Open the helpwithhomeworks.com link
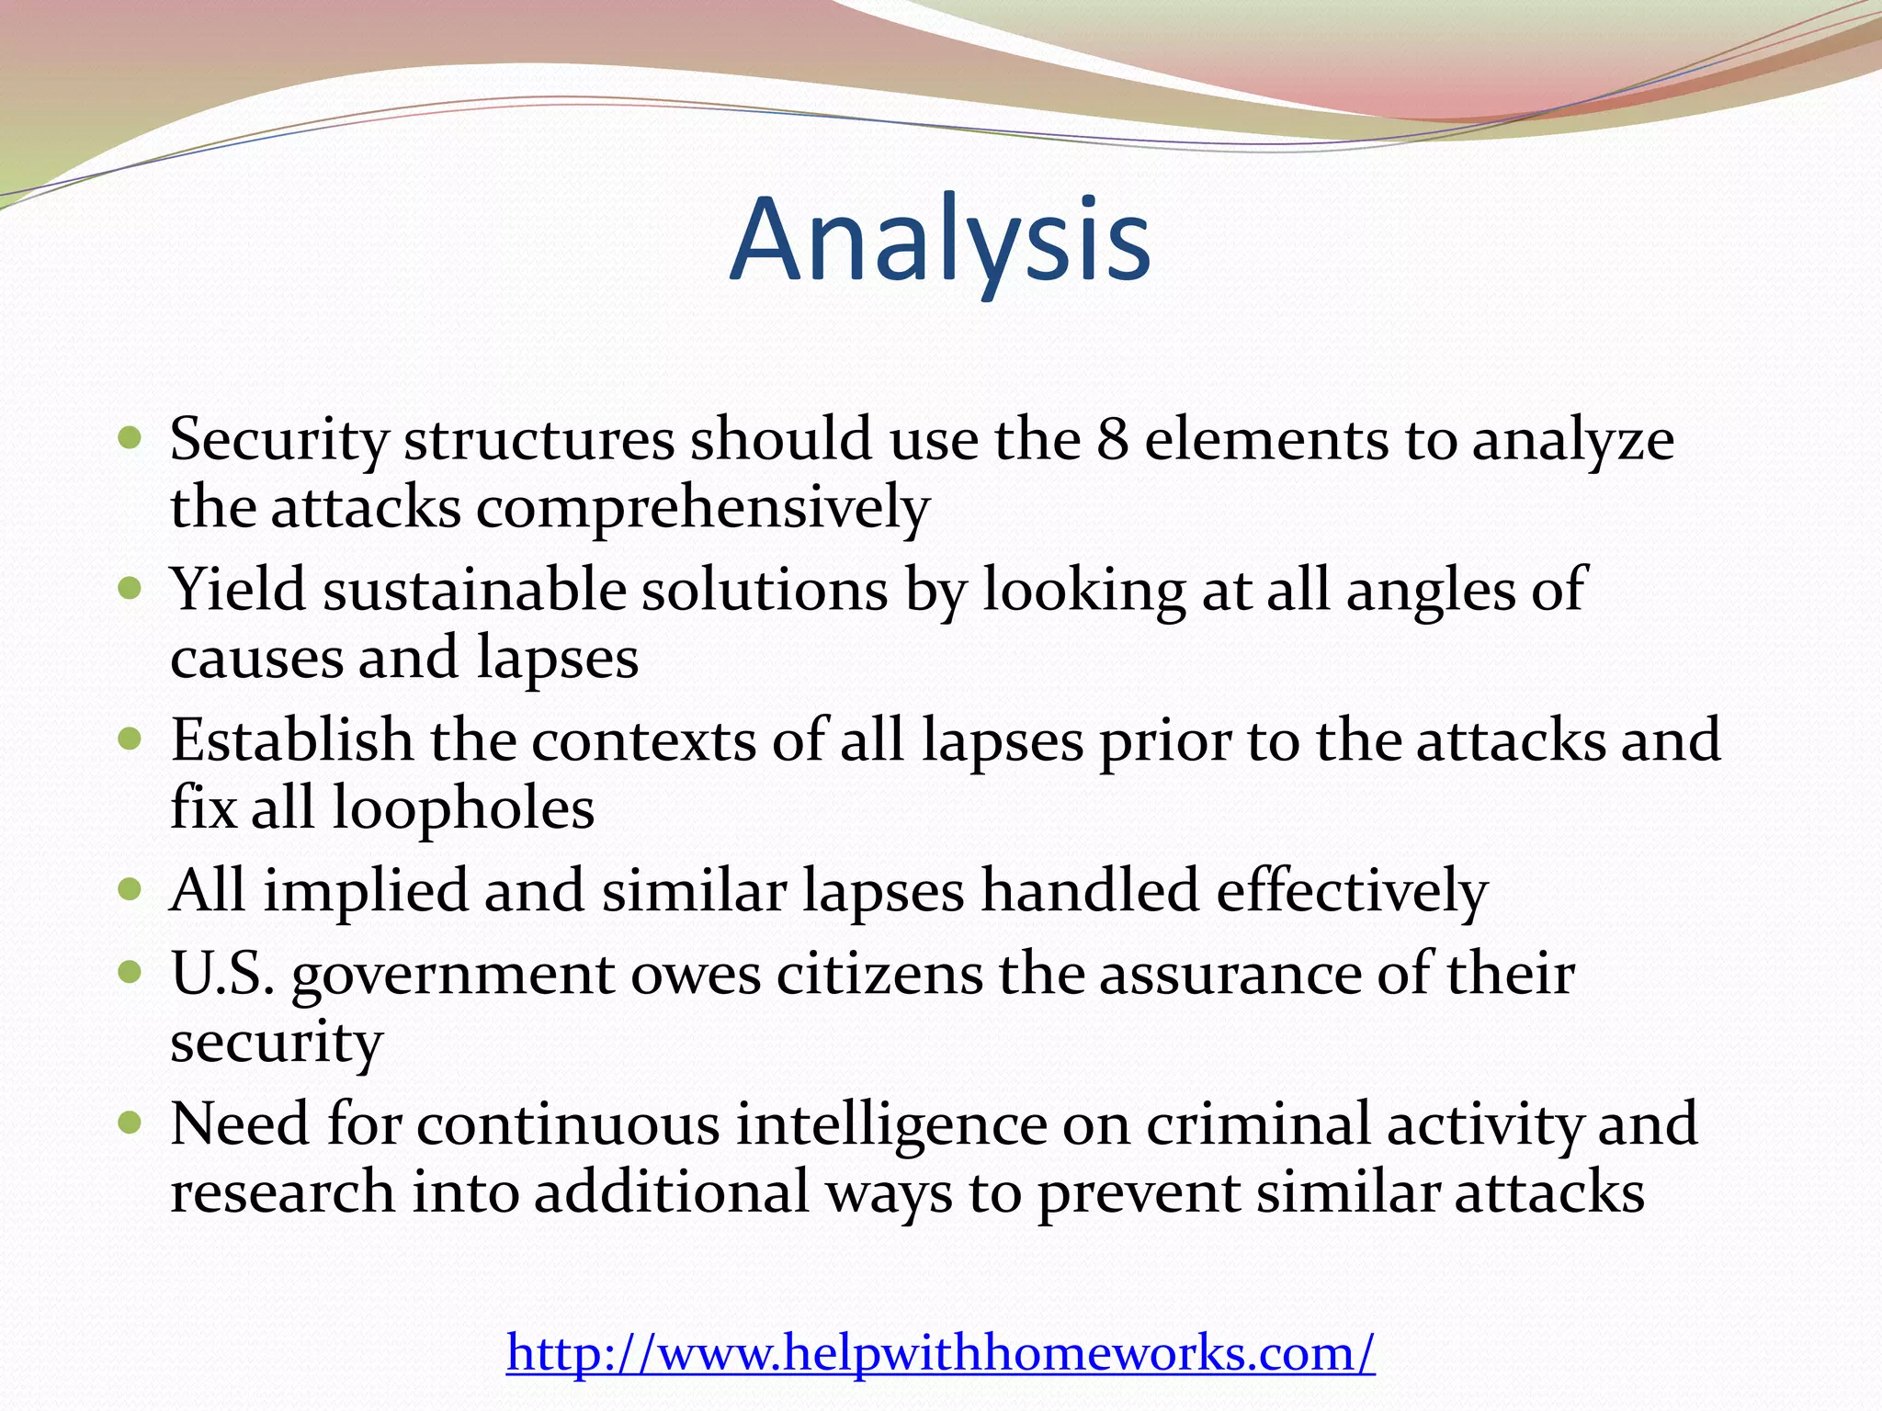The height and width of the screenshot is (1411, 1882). tap(940, 1353)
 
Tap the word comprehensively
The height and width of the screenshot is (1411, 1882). tap(702, 508)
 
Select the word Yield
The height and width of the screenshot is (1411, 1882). tap(238, 590)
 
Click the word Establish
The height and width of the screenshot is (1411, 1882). tap(292, 740)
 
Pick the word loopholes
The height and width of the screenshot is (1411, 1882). tap(463, 808)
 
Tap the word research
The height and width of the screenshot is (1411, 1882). tap(283, 1192)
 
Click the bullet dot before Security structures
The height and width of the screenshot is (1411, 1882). tap(130, 437)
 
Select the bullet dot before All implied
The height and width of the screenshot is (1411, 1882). tap(130, 889)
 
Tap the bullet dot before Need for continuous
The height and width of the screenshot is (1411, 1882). tap(130, 1123)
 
